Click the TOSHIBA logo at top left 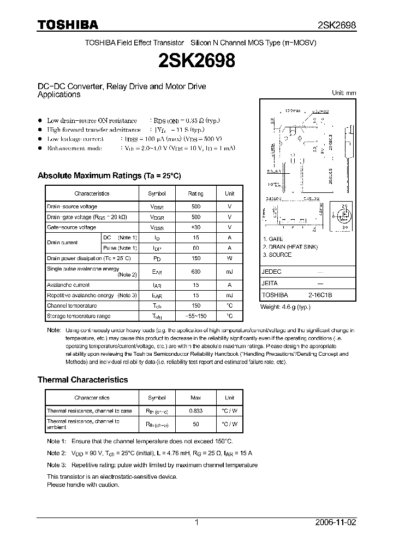(68, 25)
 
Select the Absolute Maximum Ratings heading (109, 176)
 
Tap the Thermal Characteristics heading (82, 380)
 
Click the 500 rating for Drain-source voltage (196, 207)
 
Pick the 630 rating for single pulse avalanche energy (196, 272)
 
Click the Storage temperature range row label (79, 316)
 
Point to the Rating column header (196, 193)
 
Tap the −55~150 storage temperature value (196, 316)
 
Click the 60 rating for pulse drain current (196, 248)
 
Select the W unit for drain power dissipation (230, 258)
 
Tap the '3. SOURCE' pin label (277, 255)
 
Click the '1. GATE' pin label (273, 239)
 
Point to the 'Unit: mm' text (344, 93)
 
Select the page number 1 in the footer (196, 522)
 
